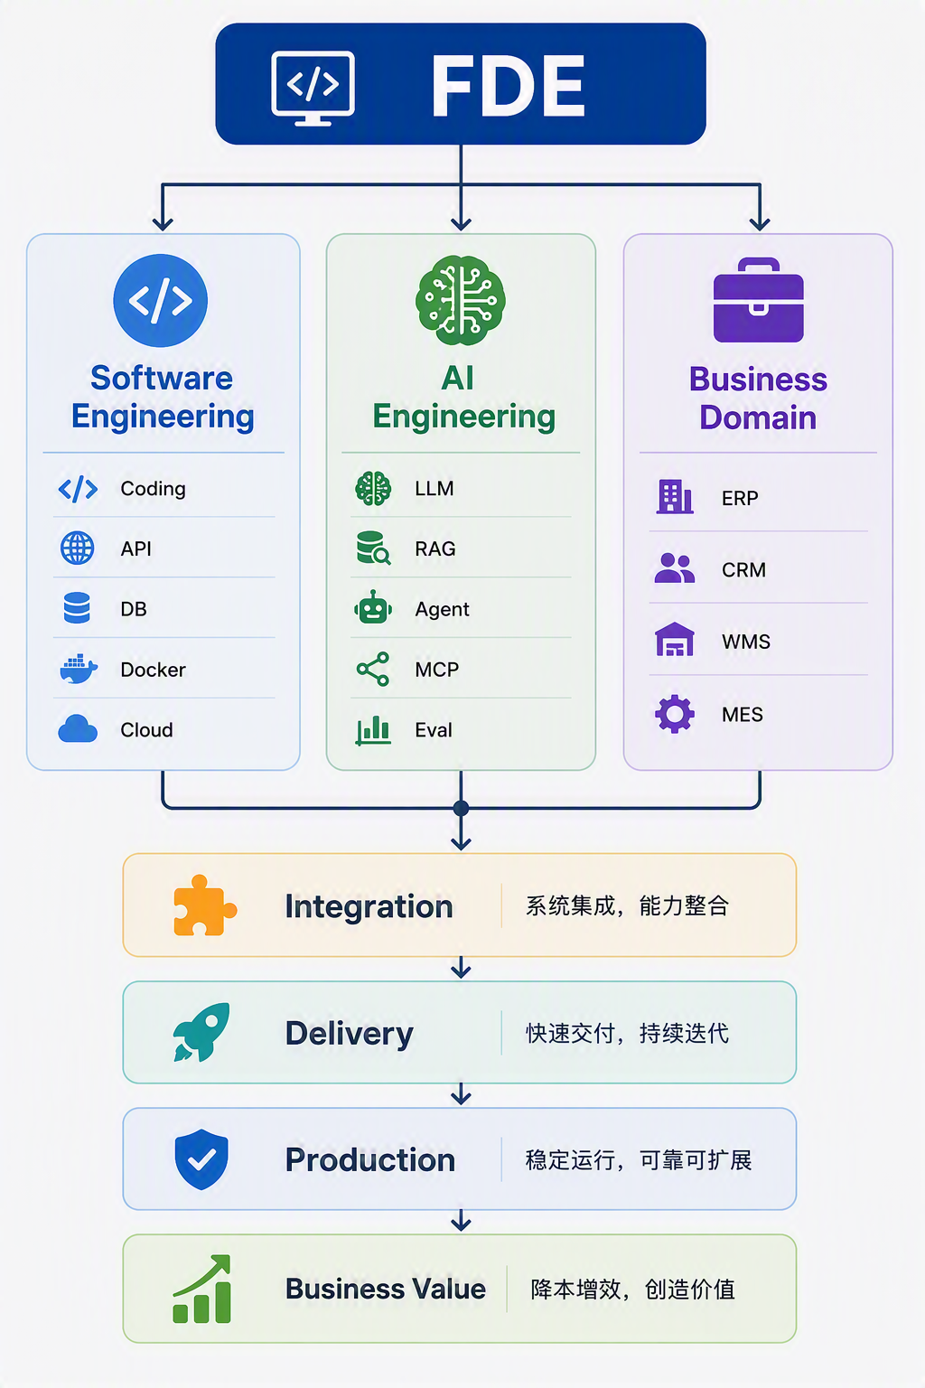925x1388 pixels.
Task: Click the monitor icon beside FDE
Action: point(313,88)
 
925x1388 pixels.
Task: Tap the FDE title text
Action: point(508,86)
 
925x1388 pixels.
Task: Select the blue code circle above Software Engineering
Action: point(161,301)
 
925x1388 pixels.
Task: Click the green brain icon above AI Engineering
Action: point(461,301)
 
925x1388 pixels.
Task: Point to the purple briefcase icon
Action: point(759,300)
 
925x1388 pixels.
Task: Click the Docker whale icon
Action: point(78,670)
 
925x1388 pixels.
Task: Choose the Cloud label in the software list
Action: point(147,730)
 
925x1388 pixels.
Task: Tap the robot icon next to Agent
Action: point(373,607)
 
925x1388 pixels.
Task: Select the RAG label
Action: point(434,549)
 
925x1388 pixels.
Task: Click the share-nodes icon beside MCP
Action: point(373,670)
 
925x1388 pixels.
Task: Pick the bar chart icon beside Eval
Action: point(373,730)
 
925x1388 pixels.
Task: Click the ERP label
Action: point(740,498)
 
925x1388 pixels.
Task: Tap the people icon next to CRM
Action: point(675,568)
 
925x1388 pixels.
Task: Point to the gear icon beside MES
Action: point(675,714)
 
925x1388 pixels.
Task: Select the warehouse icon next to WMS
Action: point(675,640)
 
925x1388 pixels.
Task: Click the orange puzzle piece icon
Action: point(204,905)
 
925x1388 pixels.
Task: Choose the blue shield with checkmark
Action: point(201,1159)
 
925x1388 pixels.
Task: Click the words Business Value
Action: point(386,1289)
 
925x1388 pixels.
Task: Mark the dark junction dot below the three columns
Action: point(461,808)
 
